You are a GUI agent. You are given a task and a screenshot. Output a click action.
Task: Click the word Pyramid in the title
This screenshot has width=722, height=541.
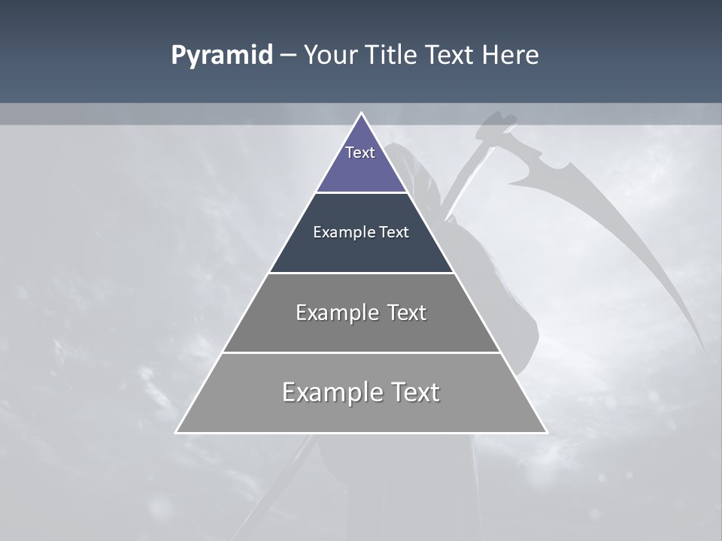pos(222,56)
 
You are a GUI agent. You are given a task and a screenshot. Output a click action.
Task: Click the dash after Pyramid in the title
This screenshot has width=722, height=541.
pos(288,56)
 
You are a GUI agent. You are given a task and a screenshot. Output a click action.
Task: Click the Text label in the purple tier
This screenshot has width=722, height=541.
pos(360,153)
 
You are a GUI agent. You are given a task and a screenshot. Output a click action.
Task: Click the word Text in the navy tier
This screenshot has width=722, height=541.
pos(394,232)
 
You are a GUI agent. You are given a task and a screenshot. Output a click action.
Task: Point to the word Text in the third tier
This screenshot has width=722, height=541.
pos(406,313)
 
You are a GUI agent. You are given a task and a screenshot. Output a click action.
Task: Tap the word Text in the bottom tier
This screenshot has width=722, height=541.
pos(416,392)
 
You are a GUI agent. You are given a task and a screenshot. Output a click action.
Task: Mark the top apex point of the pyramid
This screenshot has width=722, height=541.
pos(361,113)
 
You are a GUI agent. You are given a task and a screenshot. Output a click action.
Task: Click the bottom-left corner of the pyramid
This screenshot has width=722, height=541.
pos(177,432)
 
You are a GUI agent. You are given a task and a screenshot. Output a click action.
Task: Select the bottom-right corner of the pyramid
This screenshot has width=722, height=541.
pos(546,432)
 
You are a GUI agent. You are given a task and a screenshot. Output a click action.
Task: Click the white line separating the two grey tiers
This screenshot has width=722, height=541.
pos(361,352)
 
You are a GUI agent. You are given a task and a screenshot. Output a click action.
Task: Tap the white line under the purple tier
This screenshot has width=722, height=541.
pos(361,192)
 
